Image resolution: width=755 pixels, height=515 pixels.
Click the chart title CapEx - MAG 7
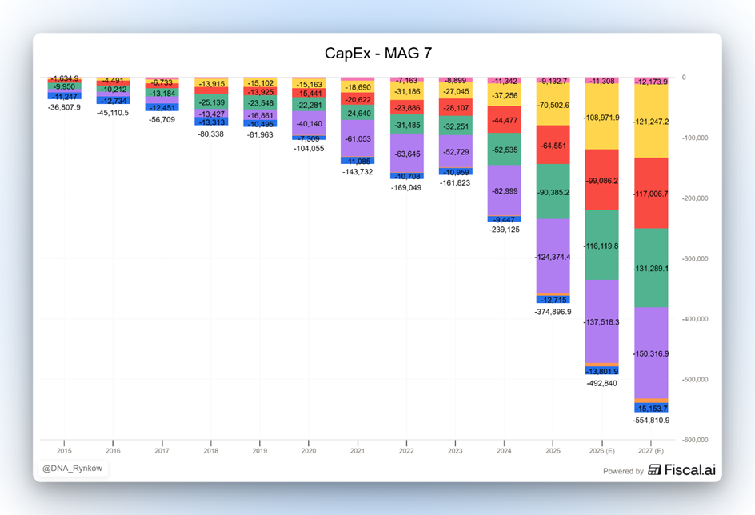pos(378,54)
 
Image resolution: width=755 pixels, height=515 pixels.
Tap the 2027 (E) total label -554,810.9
pos(650,420)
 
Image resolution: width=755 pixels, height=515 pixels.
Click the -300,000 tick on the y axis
pos(693,258)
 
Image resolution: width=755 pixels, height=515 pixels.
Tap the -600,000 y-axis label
pos(693,440)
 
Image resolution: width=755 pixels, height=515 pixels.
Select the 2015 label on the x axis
pos(64,451)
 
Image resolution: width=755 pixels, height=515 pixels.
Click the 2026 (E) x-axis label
pos(601,451)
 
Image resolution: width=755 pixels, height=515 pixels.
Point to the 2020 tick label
pos(309,451)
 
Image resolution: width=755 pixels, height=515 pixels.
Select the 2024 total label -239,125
pos(504,229)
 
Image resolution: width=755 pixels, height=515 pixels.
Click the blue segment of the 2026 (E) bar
pos(601,371)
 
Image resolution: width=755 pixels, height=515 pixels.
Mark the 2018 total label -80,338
pos(210,134)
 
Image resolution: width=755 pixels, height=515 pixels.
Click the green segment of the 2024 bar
pos(504,149)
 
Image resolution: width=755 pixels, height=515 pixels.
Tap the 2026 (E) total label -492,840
pos(601,383)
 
